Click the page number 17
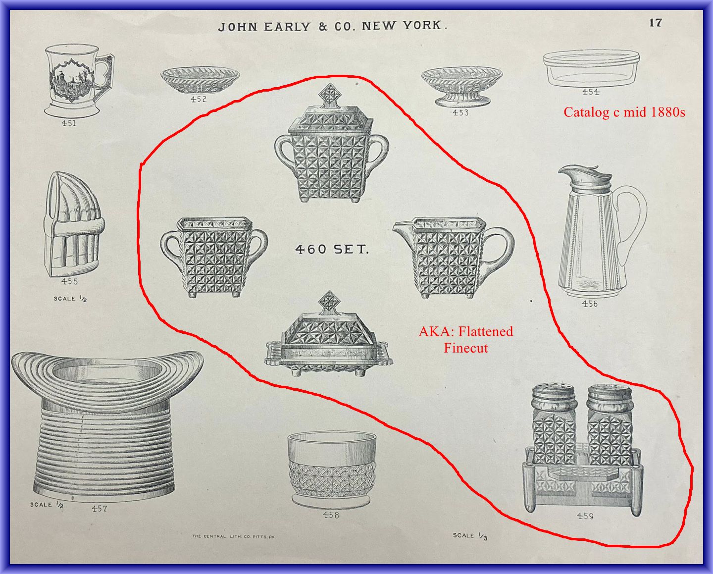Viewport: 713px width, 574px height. point(656,23)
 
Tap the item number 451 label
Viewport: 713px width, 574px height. point(69,123)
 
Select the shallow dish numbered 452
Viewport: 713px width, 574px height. point(200,81)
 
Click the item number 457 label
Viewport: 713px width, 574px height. point(100,509)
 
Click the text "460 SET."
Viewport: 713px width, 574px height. point(332,250)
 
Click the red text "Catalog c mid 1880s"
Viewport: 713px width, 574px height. point(624,112)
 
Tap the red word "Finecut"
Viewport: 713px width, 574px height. point(465,348)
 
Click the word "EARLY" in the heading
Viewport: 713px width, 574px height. point(287,27)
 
